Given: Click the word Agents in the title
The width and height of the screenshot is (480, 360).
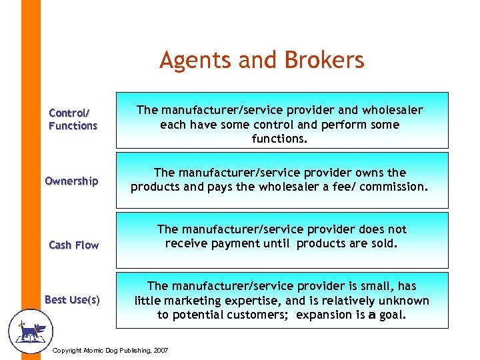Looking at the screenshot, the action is (x=191, y=61).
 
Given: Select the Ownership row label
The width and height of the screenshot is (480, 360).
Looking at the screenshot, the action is (x=71, y=181).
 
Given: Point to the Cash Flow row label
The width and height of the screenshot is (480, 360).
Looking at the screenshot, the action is (x=74, y=245).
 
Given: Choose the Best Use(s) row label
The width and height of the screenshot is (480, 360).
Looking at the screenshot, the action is (x=72, y=300).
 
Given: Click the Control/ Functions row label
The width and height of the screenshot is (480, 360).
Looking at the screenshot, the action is (x=73, y=119).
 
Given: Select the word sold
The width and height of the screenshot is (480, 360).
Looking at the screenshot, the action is (x=383, y=244).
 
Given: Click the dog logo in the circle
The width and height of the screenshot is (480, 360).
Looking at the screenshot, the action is (x=29, y=329).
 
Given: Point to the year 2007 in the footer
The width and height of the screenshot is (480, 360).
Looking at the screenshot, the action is (x=160, y=351).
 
